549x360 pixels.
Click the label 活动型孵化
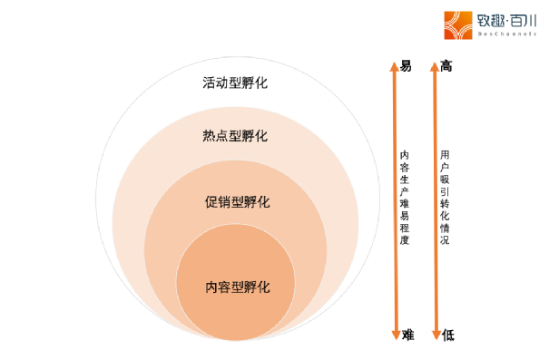(x=235, y=83)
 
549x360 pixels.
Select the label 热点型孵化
(x=235, y=136)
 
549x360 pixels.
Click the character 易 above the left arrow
(x=406, y=65)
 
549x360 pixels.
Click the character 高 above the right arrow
(x=446, y=65)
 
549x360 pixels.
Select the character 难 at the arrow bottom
(x=407, y=336)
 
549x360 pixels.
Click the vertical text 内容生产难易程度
(x=405, y=197)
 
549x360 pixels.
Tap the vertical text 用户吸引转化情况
(x=445, y=197)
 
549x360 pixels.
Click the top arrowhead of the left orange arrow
(x=394, y=65)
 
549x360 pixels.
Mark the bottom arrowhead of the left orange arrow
(x=394, y=336)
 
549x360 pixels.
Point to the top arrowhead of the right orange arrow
(x=435, y=65)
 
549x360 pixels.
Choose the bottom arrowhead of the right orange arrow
(x=435, y=336)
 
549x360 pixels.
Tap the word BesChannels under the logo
(x=505, y=34)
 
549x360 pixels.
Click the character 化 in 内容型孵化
(x=263, y=287)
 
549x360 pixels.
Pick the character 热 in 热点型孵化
(x=209, y=136)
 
